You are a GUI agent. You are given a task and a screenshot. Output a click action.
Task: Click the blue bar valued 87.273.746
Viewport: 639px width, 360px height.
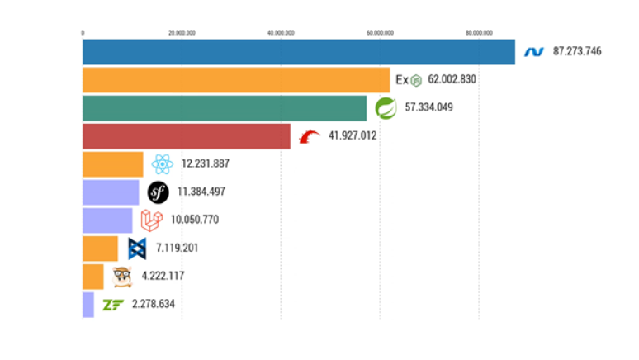tap(298, 51)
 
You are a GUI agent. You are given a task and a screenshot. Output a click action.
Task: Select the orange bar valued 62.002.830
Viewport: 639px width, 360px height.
tap(235, 80)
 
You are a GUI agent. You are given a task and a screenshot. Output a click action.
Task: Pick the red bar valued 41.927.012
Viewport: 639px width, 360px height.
tap(186, 135)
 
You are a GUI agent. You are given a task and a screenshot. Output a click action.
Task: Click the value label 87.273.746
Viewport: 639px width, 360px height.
tap(577, 51)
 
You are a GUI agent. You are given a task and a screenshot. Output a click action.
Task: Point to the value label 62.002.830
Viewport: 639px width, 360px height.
tap(452, 80)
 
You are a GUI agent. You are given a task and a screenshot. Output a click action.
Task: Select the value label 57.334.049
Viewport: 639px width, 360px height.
tap(428, 107)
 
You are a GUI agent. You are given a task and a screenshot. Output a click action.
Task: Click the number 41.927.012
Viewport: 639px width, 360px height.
tap(353, 135)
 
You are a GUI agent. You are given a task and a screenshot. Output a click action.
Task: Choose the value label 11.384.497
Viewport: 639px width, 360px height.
tap(201, 192)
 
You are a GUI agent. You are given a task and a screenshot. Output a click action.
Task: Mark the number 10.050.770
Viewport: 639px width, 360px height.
tap(195, 220)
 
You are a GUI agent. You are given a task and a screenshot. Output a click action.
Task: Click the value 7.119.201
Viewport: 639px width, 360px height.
tap(177, 248)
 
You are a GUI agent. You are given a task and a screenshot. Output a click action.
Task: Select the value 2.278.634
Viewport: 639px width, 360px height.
tap(153, 304)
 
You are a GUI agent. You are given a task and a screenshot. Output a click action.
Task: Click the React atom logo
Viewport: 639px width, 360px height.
tap(162, 163)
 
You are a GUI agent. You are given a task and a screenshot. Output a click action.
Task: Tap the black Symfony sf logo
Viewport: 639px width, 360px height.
tap(158, 192)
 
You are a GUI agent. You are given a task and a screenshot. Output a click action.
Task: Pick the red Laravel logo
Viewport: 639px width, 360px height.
tap(150, 220)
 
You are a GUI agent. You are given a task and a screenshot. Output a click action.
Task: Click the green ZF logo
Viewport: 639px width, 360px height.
tap(112, 305)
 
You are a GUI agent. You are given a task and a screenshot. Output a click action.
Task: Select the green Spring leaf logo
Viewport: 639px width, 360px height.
tap(385, 107)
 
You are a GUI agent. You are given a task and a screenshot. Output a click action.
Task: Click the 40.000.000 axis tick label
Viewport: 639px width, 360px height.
tap(281, 33)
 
